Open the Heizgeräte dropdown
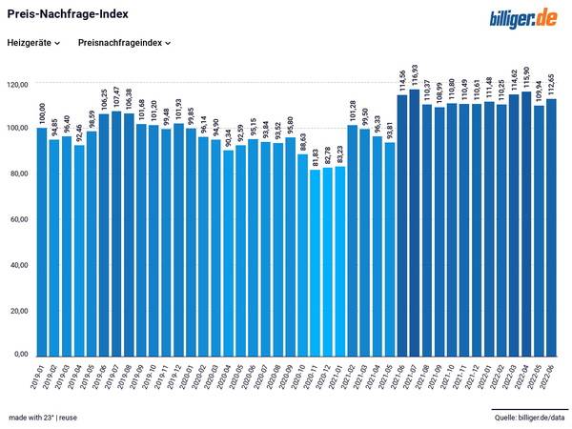tap(33, 43)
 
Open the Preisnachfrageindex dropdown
tap(124, 43)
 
